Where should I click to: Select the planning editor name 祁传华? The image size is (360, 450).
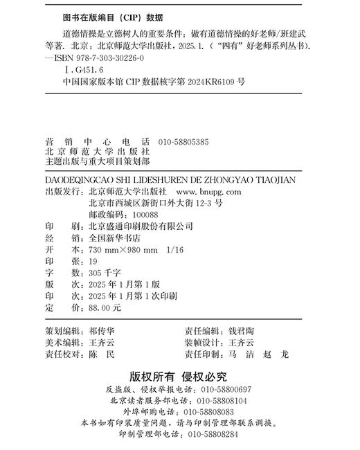click(104, 330)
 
